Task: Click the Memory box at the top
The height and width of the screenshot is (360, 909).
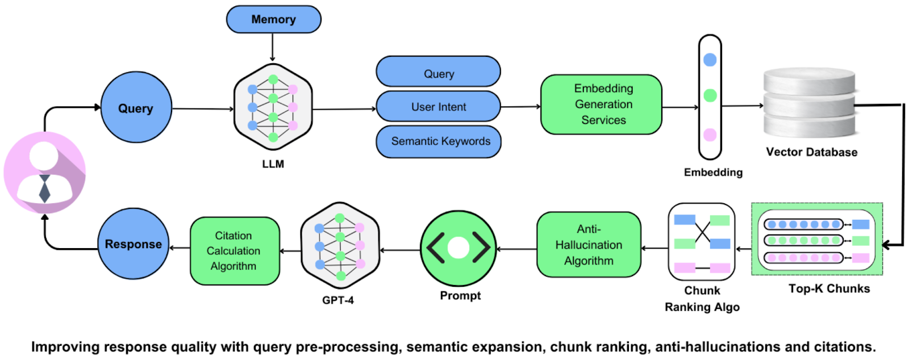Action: click(x=273, y=19)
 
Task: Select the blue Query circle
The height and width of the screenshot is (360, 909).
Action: click(x=136, y=107)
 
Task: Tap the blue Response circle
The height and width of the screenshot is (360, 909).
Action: click(x=133, y=244)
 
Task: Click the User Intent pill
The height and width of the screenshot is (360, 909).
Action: click(x=438, y=107)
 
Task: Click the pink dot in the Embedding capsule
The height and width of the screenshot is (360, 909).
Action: click(x=710, y=135)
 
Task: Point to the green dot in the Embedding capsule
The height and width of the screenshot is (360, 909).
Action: click(x=710, y=95)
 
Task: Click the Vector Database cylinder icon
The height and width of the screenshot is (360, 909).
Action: click(x=809, y=103)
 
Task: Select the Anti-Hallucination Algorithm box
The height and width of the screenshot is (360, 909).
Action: click(x=589, y=245)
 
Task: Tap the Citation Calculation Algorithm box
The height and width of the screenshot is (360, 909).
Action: click(x=234, y=250)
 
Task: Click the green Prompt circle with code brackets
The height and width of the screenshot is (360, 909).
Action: click(x=458, y=248)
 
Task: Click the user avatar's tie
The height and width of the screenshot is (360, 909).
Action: click(x=44, y=189)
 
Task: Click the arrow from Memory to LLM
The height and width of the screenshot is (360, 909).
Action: click(x=273, y=47)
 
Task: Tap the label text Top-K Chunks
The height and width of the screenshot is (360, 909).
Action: click(x=829, y=288)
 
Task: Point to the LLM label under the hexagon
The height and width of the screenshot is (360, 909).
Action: click(x=273, y=164)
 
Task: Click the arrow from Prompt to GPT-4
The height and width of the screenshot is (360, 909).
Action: click(x=400, y=250)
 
